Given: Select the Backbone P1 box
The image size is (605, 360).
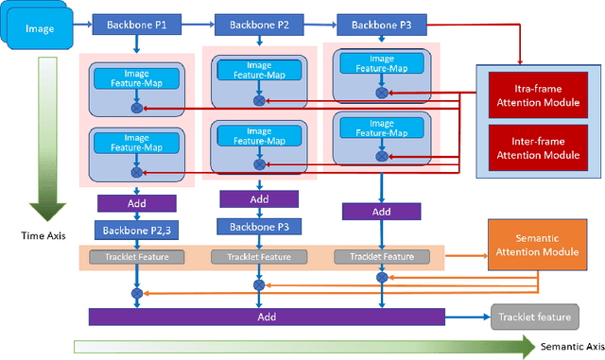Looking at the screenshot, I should pos(134,22).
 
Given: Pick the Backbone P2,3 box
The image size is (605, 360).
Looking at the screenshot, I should pos(136,231).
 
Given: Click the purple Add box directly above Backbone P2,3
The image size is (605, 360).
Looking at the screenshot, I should pos(136,203).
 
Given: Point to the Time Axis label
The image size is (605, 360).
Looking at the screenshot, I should pos(41,233).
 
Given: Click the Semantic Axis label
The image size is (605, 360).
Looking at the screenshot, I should pos(571,348).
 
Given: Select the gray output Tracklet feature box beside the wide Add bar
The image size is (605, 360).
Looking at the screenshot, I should pos(534,317).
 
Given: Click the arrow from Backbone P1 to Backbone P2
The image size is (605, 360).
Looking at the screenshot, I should pos(197,22).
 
